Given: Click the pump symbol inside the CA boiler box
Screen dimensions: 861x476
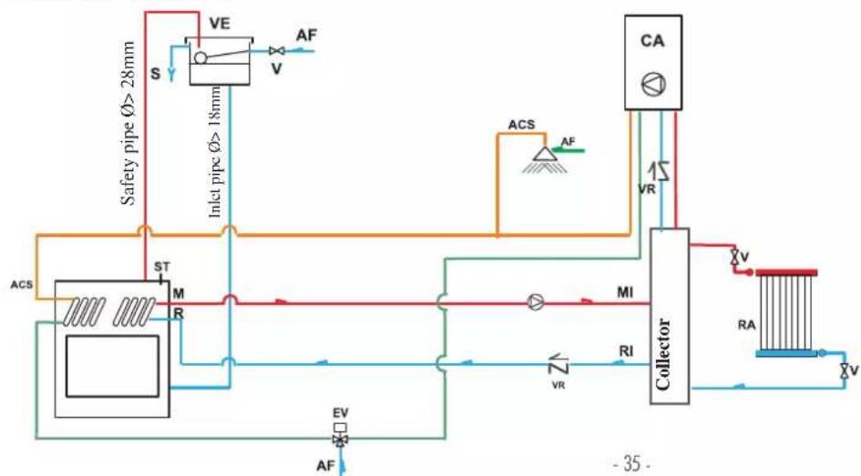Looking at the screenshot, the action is [653, 85].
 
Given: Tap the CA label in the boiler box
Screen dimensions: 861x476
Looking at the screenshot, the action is [652, 41].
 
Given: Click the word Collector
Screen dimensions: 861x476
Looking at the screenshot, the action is [663, 354].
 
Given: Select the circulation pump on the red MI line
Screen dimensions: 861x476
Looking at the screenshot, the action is [536, 301].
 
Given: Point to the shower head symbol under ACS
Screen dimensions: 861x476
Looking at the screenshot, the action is [545, 159].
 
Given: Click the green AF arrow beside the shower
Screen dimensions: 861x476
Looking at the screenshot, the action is [570, 149].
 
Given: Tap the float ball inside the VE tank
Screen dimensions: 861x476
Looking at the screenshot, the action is [200, 57].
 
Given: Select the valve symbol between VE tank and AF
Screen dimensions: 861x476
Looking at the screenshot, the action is [277, 51].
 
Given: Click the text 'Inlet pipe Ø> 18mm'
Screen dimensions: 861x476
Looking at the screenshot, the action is [216, 152].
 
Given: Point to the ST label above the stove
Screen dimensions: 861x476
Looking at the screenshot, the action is [162, 267].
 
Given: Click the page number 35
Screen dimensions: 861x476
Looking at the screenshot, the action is [632, 464].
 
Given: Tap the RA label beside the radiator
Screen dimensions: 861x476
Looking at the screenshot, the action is [746, 325].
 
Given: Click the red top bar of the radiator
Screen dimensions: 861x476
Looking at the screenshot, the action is [787, 272].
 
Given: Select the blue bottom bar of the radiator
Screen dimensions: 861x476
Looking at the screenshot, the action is [787, 354].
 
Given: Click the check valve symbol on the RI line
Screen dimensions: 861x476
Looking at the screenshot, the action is [559, 363].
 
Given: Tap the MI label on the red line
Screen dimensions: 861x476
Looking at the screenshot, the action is [625, 292].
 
